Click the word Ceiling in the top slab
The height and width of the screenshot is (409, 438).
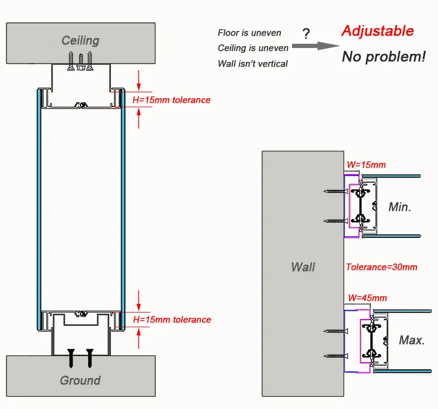coord(81,41)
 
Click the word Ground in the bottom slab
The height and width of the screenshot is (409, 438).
coord(80,380)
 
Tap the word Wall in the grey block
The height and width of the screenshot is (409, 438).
coord(303,267)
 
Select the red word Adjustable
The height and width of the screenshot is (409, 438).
coord(377,31)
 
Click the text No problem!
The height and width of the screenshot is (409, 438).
coord(384,57)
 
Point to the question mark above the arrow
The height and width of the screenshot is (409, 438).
coord(306,33)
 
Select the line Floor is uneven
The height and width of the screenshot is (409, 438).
coord(249,33)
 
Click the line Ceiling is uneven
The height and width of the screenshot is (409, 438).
coord(253,48)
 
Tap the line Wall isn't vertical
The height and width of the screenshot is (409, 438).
coord(252,63)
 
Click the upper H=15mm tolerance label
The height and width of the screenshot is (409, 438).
coord(172,100)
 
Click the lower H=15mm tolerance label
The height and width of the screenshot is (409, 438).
coord(172,320)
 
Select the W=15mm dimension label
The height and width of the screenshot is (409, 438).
coord(366,165)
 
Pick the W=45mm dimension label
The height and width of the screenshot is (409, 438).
coord(367,298)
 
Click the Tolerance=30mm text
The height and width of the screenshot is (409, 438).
coord(381,267)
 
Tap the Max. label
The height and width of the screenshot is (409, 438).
coord(412,339)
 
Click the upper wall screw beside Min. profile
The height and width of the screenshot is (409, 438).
coord(333,191)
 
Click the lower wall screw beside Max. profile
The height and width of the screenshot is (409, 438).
coord(333,356)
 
